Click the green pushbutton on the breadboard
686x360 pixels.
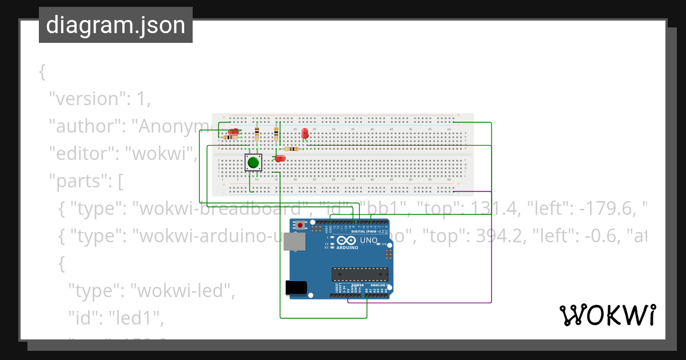253,163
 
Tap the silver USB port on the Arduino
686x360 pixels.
295,243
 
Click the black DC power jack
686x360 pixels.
296,287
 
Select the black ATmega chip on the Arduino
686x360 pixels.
360,274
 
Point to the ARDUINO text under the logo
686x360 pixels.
348,248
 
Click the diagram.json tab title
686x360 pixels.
115,25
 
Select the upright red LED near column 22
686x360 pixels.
305,134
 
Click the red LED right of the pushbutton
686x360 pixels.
280,158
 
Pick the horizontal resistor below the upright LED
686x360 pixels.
291,149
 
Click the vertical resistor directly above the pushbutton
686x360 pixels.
257,134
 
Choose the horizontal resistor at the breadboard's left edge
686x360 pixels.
230,137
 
